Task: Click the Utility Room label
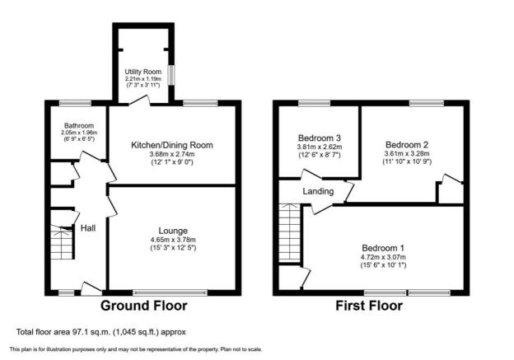(x=143, y=72)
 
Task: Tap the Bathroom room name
(x=79, y=125)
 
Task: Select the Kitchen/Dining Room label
(x=172, y=145)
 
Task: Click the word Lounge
(x=173, y=231)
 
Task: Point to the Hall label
(x=88, y=228)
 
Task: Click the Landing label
(x=318, y=191)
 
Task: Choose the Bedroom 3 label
(x=320, y=138)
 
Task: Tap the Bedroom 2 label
(x=407, y=145)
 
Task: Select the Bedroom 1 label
(x=383, y=248)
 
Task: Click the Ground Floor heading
(x=144, y=306)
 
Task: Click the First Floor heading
(x=369, y=306)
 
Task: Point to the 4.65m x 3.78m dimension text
(x=173, y=240)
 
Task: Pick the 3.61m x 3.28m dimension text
(x=407, y=153)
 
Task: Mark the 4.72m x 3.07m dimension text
(x=383, y=257)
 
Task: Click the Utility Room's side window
(x=171, y=75)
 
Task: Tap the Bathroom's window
(x=75, y=103)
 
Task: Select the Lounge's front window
(x=171, y=292)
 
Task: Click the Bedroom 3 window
(x=315, y=103)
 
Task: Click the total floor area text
(x=101, y=332)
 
